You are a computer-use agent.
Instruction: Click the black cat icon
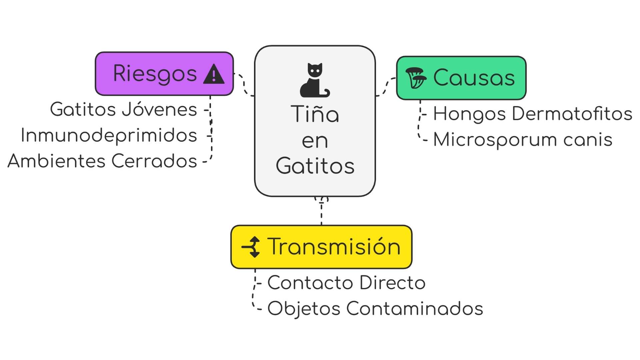(x=315, y=80)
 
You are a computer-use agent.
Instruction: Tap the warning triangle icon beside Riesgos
(x=214, y=74)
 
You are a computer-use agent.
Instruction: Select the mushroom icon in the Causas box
(x=416, y=78)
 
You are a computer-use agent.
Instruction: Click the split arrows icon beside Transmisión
(x=251, y=247)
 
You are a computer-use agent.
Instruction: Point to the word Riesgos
(x=155, y=73)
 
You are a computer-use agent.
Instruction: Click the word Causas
(x=474, y=78)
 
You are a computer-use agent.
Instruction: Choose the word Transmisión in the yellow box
(x=334, y=247)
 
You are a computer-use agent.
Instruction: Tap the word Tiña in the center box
(x=315, y=114)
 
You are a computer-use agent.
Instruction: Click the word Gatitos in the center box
(x=315, y=166)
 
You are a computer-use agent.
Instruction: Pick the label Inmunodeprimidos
(x=109, y=135)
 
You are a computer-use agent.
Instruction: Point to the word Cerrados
(x=154, y=161)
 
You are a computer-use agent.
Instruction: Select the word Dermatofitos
(x=572, y=113)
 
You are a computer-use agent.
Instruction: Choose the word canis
(x=588, y=140)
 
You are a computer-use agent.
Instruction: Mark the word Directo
(x=392, y=283)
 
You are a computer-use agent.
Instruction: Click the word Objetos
(x=304, y=309)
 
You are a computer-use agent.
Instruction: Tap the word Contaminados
(x=415, y=308)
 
